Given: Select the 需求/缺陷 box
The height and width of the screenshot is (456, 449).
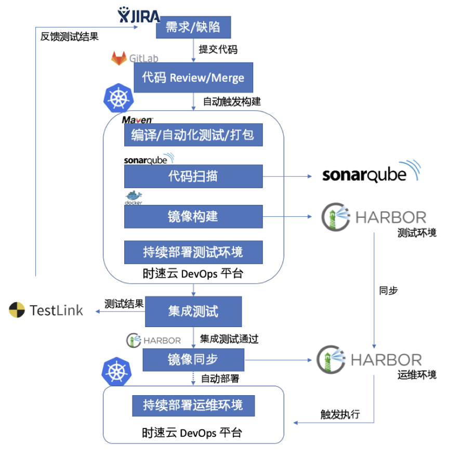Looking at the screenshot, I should tap(193, 27).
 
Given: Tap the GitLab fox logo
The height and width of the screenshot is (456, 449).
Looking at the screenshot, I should tap(119, 58).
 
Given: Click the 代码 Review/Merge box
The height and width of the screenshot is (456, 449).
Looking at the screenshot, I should tap(193, 77).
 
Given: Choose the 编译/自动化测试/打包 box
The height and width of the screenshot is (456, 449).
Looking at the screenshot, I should tap(193, 135).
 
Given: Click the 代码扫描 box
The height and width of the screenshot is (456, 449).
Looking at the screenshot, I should tap(193, 176).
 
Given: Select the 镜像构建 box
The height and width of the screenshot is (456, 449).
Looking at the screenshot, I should tap(193, 217).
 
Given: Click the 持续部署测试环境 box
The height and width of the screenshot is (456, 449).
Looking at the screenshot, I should tap(193, 252).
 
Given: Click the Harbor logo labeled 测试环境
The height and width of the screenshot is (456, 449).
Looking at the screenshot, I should tap(373, 216).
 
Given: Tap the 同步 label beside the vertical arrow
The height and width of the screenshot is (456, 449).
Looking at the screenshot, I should tap(388, 291).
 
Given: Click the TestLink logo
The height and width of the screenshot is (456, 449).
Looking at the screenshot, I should tap(46, 310).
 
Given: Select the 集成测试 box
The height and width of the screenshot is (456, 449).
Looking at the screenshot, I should tap(193, 311).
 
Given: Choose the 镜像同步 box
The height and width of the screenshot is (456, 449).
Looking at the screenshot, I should tap(193, 359).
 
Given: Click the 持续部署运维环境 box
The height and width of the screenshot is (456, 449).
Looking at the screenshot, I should tap(193, 405).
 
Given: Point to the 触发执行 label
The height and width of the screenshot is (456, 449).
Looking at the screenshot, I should tap(340, 414).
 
